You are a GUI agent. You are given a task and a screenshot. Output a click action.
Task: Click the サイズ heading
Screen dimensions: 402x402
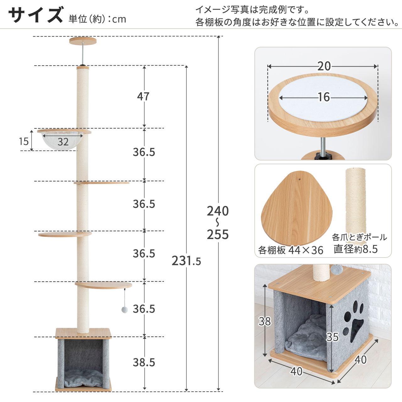36,15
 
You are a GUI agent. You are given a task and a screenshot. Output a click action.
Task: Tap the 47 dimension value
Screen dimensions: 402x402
143,97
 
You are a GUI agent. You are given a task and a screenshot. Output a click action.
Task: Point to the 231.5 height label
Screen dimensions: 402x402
186,261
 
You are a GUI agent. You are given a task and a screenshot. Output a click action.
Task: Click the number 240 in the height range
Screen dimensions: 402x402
218,211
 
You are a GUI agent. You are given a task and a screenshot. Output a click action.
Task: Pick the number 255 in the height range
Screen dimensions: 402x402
218,234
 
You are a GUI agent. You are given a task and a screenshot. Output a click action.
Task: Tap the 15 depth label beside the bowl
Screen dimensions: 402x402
24,141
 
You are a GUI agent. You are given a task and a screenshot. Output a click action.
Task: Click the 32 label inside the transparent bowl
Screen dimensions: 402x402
63,142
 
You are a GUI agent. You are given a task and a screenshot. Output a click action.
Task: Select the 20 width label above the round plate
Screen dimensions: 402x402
324,66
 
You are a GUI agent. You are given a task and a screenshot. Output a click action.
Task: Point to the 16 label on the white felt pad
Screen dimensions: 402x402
324,97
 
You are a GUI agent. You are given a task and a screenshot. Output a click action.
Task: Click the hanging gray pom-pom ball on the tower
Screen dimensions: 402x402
125,310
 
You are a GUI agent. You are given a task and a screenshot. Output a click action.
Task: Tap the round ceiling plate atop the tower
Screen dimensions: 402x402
83,41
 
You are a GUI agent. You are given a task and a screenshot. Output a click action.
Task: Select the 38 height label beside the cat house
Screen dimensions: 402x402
265,321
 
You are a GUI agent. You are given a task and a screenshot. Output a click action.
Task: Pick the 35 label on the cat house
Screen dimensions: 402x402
332,337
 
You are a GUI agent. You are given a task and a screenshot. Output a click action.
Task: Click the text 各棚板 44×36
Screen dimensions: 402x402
291,250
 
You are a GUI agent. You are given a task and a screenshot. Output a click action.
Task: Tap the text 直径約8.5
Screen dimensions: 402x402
356,249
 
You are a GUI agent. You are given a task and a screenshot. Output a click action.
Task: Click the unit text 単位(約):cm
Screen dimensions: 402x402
97,19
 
